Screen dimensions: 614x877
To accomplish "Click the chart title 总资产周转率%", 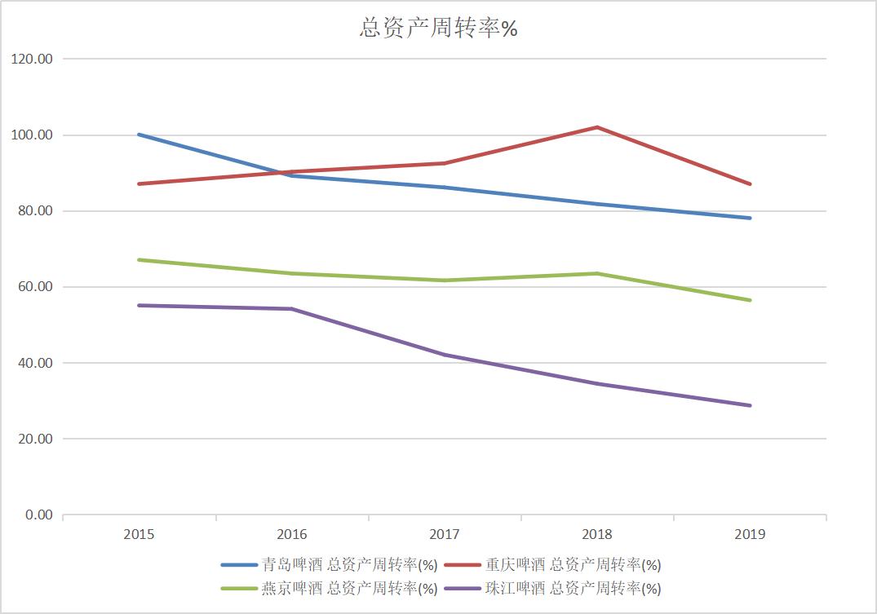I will point(439,29).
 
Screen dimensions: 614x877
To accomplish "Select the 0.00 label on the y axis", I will point(39,515).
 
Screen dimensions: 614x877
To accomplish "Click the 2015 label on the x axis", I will point(139,535).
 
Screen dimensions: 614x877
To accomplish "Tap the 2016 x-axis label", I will point(291,535).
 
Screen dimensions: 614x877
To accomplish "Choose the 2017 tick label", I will point(445,535).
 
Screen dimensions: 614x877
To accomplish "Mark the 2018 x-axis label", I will point(597,535).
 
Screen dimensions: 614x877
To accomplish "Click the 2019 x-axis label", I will point(750,535).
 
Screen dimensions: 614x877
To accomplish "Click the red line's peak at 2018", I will point(597,127).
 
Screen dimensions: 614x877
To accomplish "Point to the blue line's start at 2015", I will point(140,135).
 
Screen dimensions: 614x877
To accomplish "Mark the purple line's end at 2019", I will point(750,405).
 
